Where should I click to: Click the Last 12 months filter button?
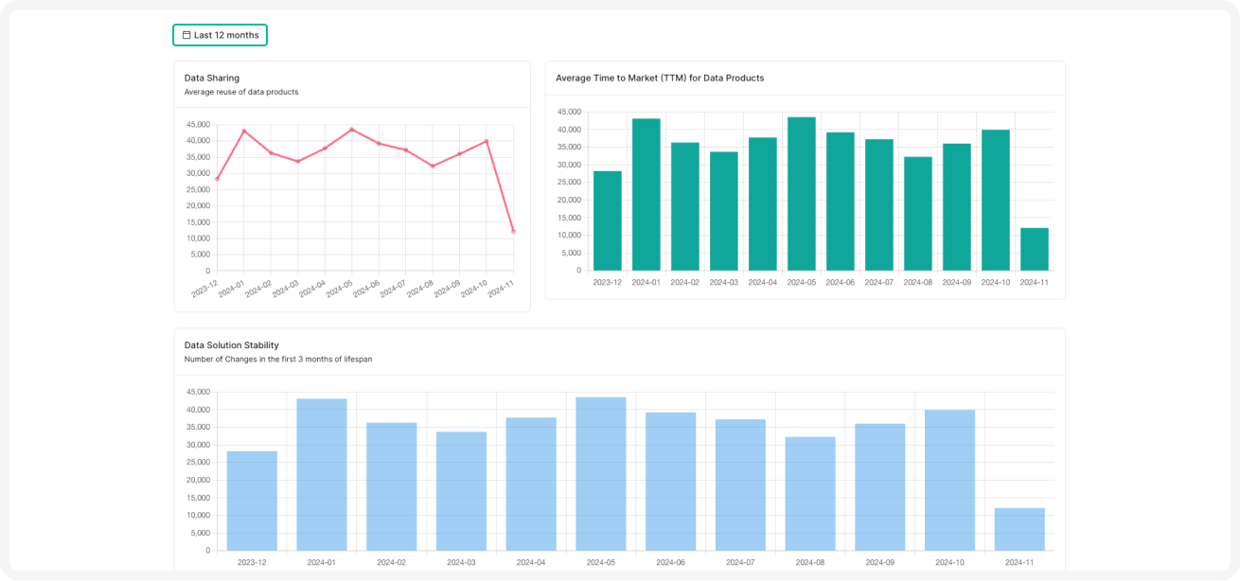(x=220, y=35)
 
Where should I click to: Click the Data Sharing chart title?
(x=212, y=78)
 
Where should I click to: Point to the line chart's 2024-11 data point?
(x=513, y=231)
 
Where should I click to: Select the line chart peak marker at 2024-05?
(x=351, y=130)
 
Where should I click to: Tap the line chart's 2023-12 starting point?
(x=217, y=179)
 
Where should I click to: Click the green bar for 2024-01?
(x=647, y=194)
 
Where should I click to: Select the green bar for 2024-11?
(x=1034, y=249)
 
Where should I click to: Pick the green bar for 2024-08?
(x=917, y=214)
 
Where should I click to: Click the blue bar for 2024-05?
(x=601, y=473)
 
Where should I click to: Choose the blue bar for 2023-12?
(x=252, y=501)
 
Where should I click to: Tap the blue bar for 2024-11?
(x=1019, y=529)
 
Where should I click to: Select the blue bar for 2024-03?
(x=461, y=491)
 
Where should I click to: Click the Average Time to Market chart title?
(x=660, y=78)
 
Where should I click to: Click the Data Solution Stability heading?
(x=232, y=345)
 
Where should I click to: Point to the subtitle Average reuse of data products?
(x=241, y=92)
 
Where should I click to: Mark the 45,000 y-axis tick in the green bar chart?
(x=569, y=112)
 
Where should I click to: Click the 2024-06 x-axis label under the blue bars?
(x=670, y=562)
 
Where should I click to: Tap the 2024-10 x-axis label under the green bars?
(x=995, y=282)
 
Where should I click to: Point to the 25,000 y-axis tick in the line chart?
(x=198, y=189)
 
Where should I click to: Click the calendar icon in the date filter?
(x=186, y=35)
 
